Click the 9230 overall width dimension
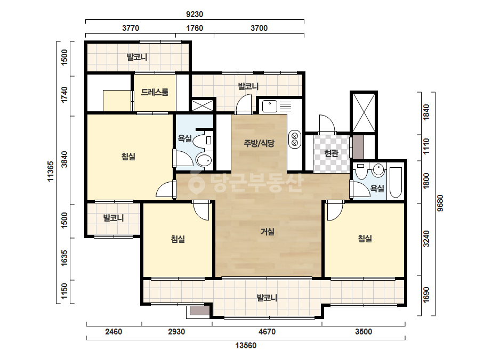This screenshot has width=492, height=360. point(195,14)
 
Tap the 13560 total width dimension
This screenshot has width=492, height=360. point(246,346)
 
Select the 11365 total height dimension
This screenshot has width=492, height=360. point(51,171)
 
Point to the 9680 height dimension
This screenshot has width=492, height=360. point(440,203)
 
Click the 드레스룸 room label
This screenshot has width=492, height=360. point(155,92)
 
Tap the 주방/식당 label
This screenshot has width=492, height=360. point(259,143)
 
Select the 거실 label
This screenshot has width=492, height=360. point(268,232)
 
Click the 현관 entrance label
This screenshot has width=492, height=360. point(331,153)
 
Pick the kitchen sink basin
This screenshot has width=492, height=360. point(270,106)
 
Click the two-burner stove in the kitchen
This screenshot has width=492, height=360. point(295,139)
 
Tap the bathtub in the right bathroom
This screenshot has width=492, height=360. point(396,183)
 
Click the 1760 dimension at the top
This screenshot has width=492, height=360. point(195,28)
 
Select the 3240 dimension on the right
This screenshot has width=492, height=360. point(426,239)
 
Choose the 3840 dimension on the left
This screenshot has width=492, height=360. point(64,159)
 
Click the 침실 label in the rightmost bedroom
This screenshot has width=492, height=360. point(365,239)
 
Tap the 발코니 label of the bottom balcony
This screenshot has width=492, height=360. point(267,298)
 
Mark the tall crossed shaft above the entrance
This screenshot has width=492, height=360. point(364,112)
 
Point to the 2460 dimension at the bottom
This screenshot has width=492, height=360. point(114,331)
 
